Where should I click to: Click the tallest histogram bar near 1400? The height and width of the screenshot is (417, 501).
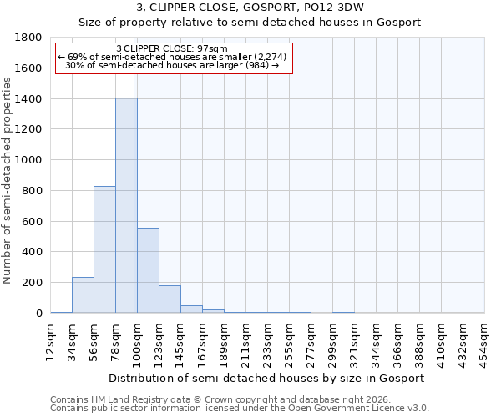[125, 205]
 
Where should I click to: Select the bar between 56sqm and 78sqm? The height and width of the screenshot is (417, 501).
[104, 249]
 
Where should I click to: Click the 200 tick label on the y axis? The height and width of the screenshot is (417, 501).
[34, 283]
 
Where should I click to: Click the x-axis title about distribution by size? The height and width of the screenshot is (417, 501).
[267, 378]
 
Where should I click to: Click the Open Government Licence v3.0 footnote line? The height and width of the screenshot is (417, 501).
[240, 409]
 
